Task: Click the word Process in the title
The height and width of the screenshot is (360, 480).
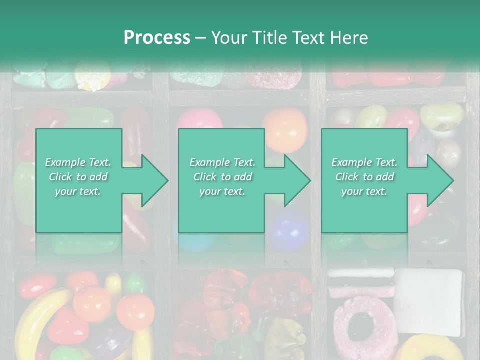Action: pos(157,37)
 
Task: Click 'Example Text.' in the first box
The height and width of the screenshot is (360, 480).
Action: pos(78,162)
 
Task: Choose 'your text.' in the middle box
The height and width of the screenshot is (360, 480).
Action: pos(222,191)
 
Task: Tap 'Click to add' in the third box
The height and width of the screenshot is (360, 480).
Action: pos(364,177)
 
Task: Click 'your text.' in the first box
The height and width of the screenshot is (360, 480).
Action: pos(78,191)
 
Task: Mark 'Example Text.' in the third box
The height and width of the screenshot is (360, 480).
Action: pos(364,162)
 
